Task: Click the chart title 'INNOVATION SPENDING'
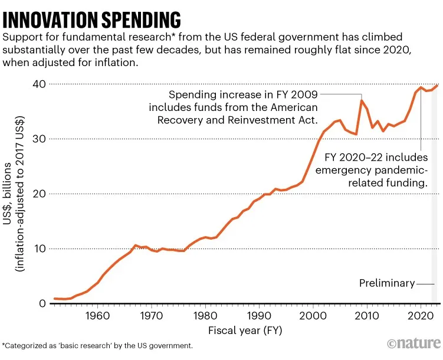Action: tap(92, 19)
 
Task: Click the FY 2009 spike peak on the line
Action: tap(362, 100)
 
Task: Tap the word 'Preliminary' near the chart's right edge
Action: tap(387, 283)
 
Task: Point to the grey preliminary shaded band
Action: tap(435, 236)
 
